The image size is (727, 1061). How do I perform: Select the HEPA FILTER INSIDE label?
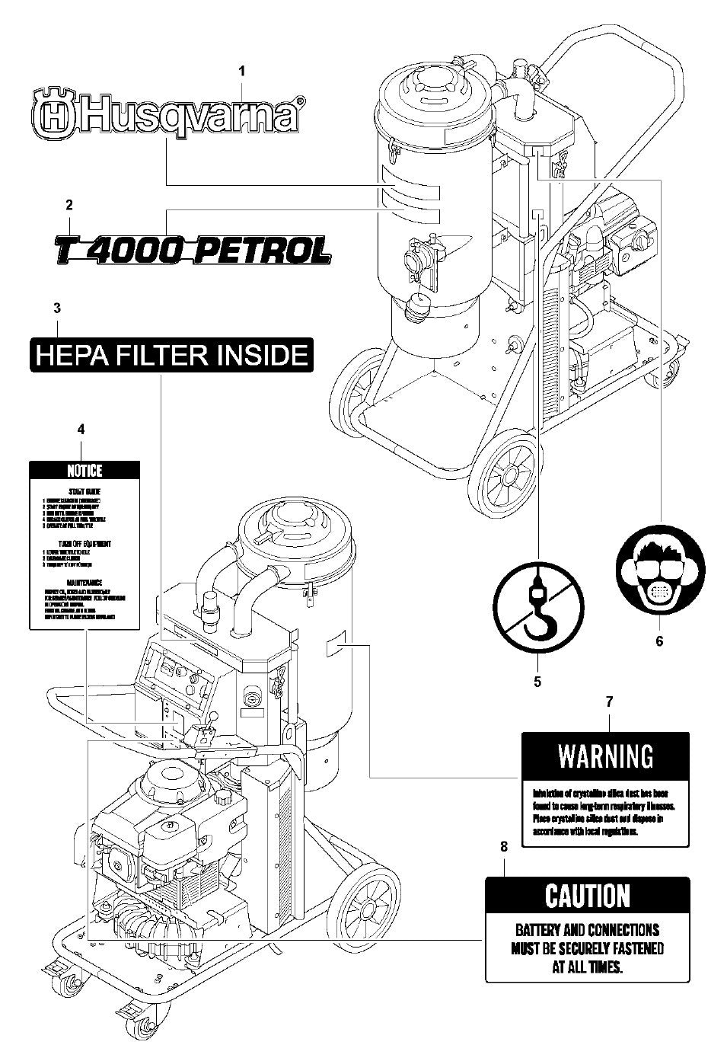point(171,356)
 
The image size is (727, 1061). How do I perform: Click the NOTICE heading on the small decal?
point(84,471)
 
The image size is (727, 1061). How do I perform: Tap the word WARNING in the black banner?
point(605,756)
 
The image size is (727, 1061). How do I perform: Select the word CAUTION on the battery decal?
point(588,896)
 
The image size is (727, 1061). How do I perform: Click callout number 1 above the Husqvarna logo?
point(242,71)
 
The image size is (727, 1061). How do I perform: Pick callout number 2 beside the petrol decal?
point(69,204)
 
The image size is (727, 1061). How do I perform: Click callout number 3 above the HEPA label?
point(57,308)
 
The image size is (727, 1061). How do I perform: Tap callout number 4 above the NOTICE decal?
point(81,430)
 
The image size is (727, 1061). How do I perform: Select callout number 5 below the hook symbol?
point(537,682)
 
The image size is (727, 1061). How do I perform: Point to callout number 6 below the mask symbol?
point(659,641)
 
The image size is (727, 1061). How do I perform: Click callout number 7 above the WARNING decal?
point(609,701)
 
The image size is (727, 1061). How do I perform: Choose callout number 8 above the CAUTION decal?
point(503,846)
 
